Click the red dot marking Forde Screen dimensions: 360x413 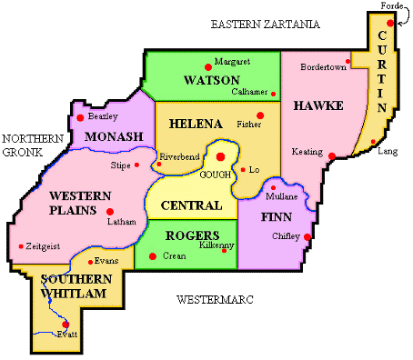[x=390, y=23]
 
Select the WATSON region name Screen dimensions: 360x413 [x=211, y=80]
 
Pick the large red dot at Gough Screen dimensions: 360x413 [x=220, y=156]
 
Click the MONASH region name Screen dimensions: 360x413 [x=114, y=136]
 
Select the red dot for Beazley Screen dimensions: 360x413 [x=81, y=117]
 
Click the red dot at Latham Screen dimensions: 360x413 [x=110, y=211]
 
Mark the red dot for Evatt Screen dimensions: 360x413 [x=65, y=324]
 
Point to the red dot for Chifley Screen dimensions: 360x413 [x=307, y=238]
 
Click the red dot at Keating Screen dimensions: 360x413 [x=332, y=156]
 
